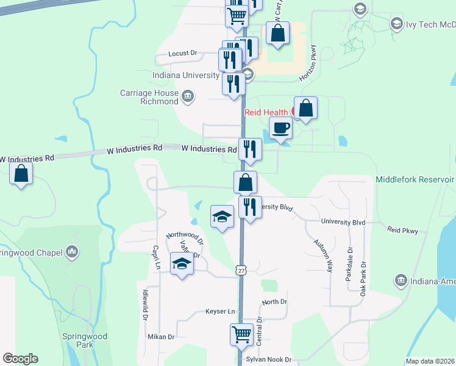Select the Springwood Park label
click(84, 340)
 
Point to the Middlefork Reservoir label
click(415, 179)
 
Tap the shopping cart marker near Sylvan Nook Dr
click(241, 335)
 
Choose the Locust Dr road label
click(185, 54)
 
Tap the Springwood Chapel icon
click(73, 251)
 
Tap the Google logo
click(20, 359)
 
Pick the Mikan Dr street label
click(161, 337)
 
